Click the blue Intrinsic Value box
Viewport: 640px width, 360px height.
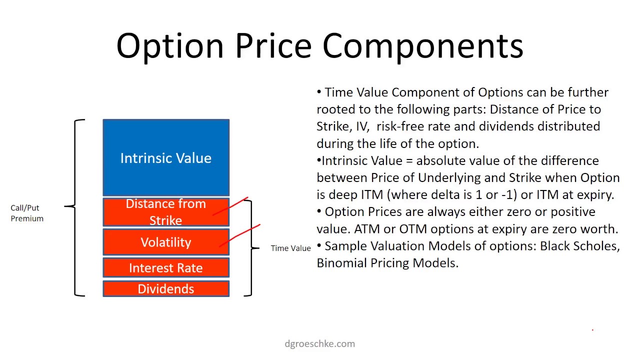(x=166, y=158)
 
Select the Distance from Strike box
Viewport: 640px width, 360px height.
(x=166, y=212)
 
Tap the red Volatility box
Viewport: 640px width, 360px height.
(x=166, y=242)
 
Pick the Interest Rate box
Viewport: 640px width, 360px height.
(x=166, y=268)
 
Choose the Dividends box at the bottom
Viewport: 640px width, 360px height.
(x=166, y=289)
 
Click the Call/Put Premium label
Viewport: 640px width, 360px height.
(x=27, y=213)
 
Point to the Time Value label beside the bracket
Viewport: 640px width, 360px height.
(x=290, y=248)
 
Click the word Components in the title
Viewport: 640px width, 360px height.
(x=423, y=46)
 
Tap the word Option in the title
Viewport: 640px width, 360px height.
(x=170, y=46)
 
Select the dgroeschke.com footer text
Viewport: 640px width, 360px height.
(x=319, y=343)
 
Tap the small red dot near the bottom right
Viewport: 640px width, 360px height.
(x=592, y=330)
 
